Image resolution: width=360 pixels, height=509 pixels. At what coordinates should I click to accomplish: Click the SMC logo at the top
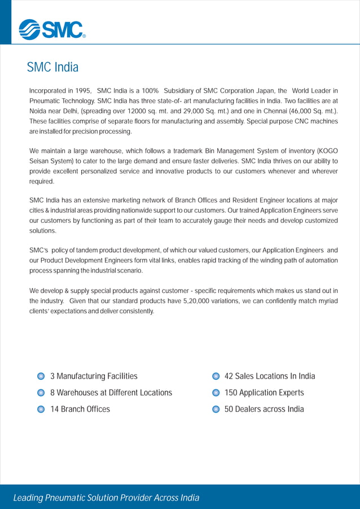pyautogui.click(x=51, y=29)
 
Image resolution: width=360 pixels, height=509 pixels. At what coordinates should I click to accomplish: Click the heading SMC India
pyautogui.click(x=52, y=68)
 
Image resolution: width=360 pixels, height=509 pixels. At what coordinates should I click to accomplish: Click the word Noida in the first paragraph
pyautogui.click(x=38, y=111)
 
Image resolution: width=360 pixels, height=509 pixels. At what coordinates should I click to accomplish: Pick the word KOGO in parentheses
pyautogui.click(x=326, y=151)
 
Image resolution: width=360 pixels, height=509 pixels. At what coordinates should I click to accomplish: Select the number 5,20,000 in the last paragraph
pyautogui.click(x=201, y=301)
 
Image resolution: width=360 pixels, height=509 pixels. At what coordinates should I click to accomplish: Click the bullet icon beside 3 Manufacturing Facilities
pyautogui.click(x=41, y=376)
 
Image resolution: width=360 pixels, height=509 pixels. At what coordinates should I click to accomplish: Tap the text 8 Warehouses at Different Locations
pyautogui.click(x=111, y=393)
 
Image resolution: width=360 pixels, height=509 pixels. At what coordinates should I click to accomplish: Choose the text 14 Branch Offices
pyautogui.click(x=80, y=409)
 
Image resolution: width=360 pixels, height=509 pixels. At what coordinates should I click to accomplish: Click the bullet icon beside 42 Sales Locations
pyautogui.click(x=216, y=376)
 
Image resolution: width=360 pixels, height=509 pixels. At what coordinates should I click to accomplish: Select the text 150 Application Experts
pyautogui.click(x=264, y=393)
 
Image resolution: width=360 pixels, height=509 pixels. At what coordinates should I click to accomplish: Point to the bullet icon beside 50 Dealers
pyautogui.click(x=216, y=409)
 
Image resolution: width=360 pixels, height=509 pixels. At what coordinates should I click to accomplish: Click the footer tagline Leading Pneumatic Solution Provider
pyautogui.click(x=106, y=498)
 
